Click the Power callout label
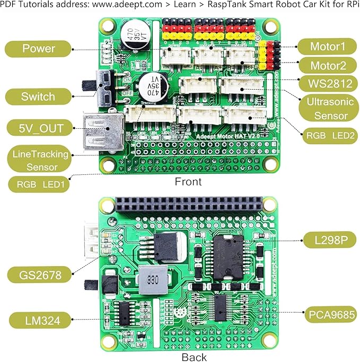38,49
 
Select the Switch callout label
38,96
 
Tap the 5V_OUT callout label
38,127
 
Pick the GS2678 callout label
38,275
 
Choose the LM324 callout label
38,320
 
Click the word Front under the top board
188,182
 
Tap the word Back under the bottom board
194,357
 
